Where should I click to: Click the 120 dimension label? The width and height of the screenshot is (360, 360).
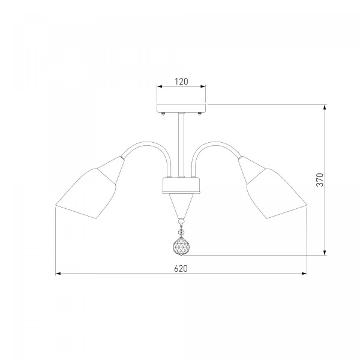[181, 82]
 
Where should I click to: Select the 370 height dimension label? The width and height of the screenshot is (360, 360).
[320, 180]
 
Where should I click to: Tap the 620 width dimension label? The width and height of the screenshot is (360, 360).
[181, 268]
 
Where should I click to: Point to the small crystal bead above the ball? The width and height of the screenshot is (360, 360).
[181, 231]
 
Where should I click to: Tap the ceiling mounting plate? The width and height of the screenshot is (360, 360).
[181, 108]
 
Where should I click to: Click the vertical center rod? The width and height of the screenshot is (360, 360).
[181, 145]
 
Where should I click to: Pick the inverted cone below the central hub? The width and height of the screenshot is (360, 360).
[181, 205]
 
